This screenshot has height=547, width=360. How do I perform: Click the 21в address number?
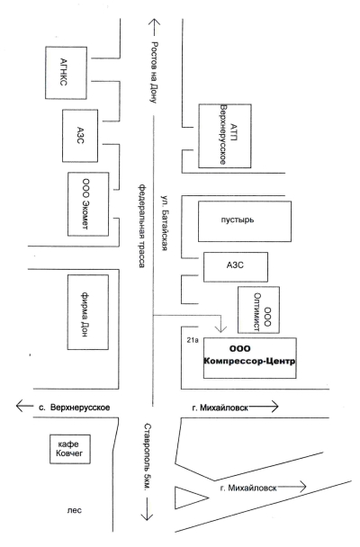pos(193,340)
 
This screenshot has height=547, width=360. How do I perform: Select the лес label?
pos(75,510)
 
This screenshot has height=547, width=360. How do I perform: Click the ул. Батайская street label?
pos(165,223)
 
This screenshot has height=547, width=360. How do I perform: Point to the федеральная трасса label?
pos(141,226)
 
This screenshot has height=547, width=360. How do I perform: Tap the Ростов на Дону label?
pos(154,73)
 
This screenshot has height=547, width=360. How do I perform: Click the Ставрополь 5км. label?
pos(147,457)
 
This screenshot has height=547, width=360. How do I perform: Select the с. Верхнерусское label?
pos(75,408)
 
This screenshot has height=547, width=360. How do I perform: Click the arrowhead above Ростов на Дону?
pos(154,23)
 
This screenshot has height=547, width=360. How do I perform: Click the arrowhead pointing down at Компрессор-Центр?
pos(220,328)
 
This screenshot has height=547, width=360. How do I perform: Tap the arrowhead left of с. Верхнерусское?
pos(20,406)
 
